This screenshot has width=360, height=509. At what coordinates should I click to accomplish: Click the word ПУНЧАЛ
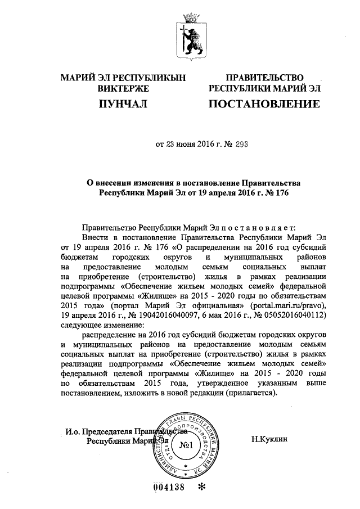(122, 103)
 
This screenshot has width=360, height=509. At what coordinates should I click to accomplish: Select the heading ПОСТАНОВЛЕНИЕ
(264, 104)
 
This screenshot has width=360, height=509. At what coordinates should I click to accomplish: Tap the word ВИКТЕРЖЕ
(123, 88)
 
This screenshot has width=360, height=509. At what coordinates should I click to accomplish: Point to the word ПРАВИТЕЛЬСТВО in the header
(264, 78)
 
